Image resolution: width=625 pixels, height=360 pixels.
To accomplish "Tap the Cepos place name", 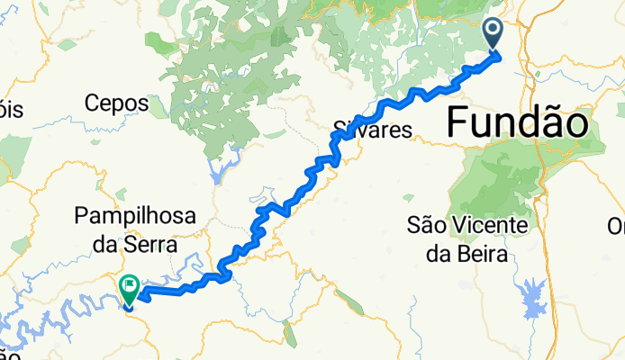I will click(117, 103).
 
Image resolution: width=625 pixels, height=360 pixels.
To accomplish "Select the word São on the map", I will click(427, 222).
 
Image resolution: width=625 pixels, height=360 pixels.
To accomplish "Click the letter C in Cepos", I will click(93, 103).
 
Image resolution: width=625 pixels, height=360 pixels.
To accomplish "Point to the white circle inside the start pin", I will click(494, 31).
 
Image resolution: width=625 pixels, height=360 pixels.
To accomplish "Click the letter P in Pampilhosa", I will click(83, 217).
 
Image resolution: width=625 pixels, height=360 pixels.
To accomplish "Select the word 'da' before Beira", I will click(439, 253).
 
